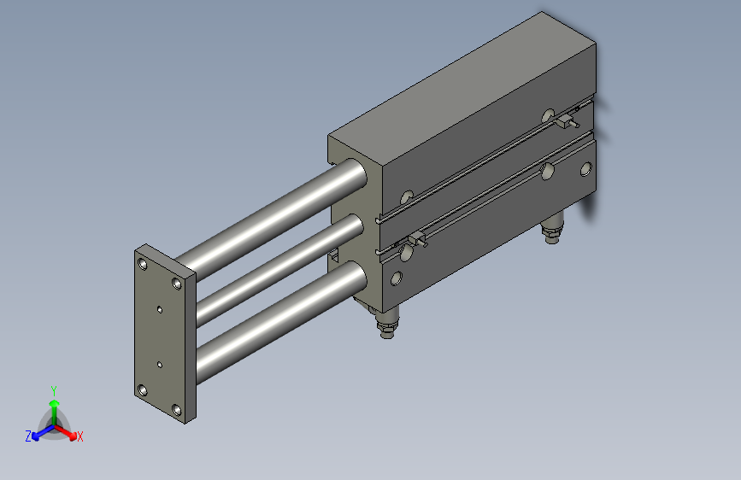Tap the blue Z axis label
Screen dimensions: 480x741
pos(28,436)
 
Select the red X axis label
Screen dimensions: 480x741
pos(80,437)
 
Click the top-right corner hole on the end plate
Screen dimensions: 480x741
pos(177,283)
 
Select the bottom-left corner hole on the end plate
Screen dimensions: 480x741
pos(143,390)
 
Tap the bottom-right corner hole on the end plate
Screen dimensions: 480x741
pos(177,410)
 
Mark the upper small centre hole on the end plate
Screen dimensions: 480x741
pos(160,310)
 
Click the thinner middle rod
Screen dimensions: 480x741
pos(273,261)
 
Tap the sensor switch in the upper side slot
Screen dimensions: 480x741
pos(563,121)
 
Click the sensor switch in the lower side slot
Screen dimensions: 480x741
pos(416,240)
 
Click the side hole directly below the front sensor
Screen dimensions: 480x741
pos(397,278)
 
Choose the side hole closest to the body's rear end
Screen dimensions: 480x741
pos(586,169)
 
